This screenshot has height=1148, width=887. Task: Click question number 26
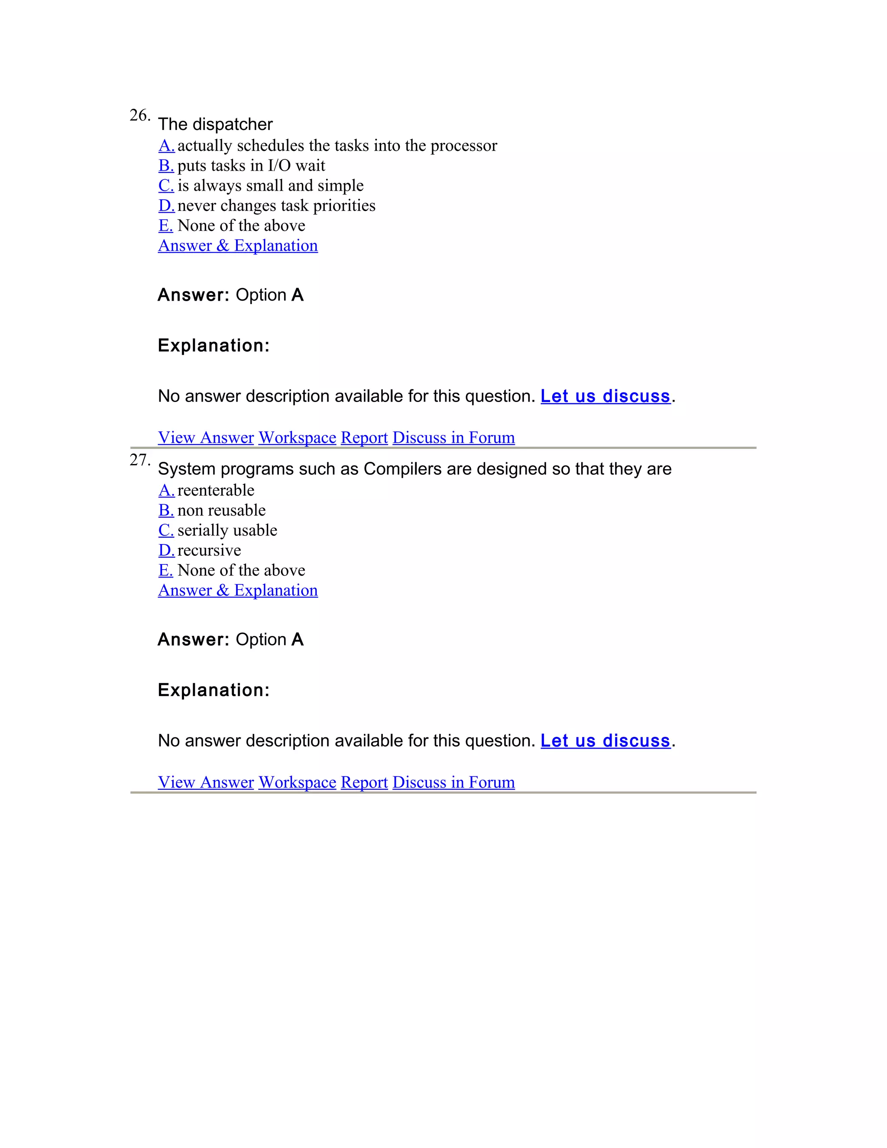(139, 115)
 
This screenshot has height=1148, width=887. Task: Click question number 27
(139, 460)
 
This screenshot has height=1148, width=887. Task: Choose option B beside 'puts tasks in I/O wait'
(166, 165)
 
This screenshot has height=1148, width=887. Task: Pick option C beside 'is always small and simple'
(166, 185)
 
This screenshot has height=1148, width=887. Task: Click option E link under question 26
(165, 226)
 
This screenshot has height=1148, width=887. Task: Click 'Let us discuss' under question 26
(605, 396)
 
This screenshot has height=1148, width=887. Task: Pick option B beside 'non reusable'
(166, 510)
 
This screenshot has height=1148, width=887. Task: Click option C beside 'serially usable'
(166, 530)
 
